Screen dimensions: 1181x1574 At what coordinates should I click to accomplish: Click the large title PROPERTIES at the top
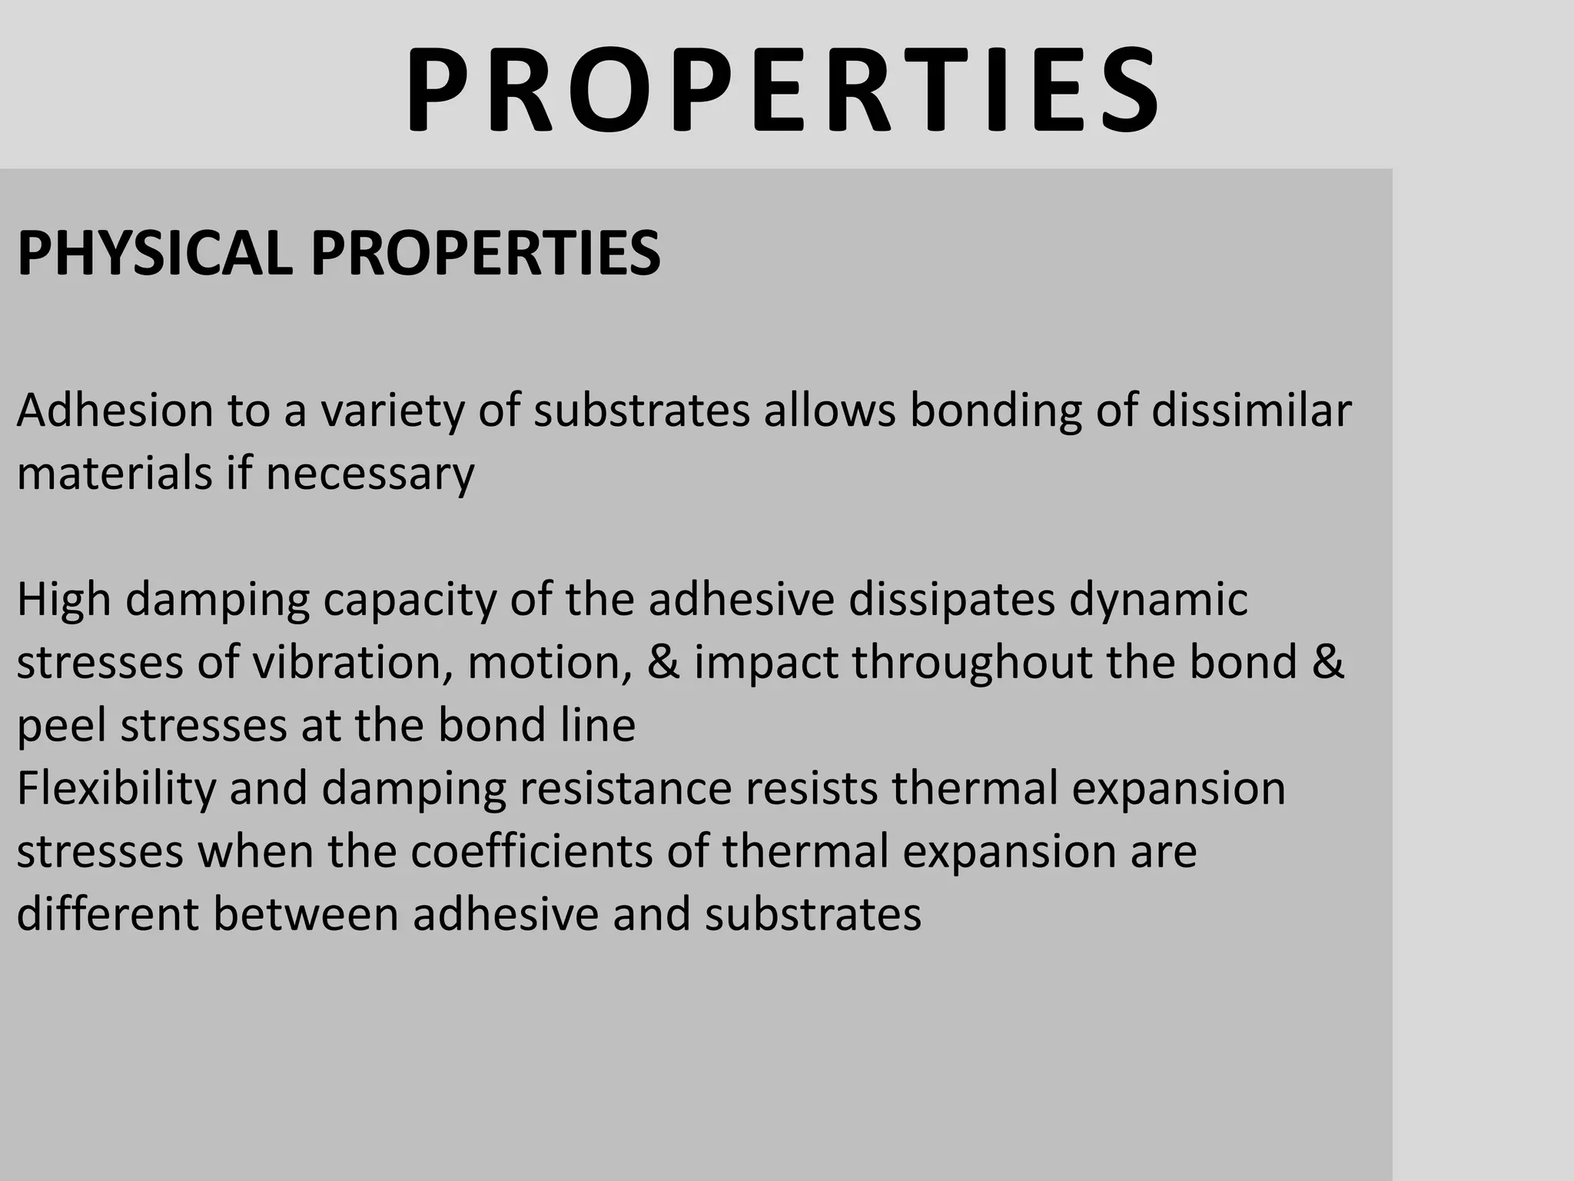pos(782,91)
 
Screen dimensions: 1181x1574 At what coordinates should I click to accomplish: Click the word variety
pos(392,411)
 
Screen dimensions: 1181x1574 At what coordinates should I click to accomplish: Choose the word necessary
pos(370,474)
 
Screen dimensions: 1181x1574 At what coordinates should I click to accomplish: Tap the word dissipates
pos(951,600)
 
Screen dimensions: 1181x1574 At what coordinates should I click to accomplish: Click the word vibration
pos(354,663)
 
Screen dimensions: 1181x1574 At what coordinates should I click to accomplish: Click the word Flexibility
pos(116,789)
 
